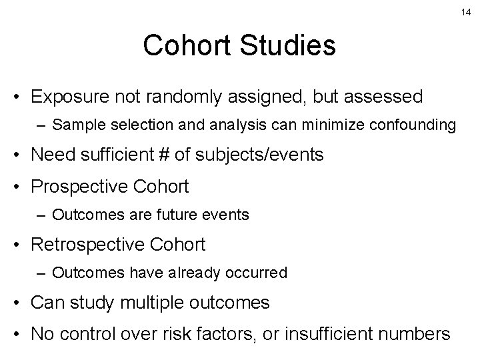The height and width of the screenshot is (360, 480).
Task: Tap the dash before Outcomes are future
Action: tap(42, 215)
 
